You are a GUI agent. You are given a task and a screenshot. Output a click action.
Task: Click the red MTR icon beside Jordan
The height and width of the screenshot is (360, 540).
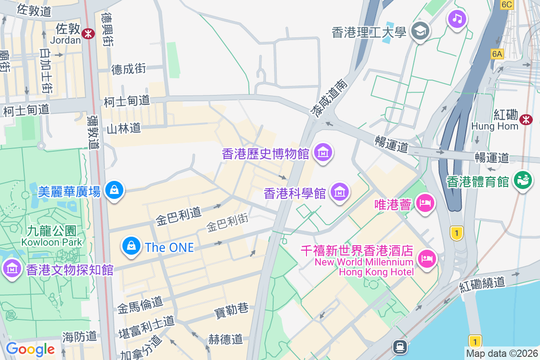pyautogui.click(x=88, y=33)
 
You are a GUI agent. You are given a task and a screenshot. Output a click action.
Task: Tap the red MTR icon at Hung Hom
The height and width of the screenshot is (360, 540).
pyautogui.click(x=525, y=119)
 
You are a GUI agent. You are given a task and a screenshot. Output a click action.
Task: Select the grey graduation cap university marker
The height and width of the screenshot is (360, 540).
pyautogui.click(x=421, y=31)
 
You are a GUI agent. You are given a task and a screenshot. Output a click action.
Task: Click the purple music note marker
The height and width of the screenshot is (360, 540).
pyautogui.click(x=457, y=18)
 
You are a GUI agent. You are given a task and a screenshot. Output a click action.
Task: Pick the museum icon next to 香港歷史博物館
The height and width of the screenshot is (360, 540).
pyautogui.click(x=323, y=153)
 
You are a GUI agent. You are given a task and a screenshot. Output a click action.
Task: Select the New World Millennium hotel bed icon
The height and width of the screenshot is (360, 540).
pyautogui.click(x=426, y=259)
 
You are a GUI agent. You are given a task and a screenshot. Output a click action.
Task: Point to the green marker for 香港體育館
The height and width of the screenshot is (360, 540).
pyautogui.click(x=522, y=181)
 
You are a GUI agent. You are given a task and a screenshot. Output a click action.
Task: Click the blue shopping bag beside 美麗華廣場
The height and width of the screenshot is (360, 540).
pyautogui.click(x=114, y=191)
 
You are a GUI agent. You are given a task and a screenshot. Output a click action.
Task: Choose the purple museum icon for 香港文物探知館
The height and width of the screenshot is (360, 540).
pyautogui.click(x=12, y=269)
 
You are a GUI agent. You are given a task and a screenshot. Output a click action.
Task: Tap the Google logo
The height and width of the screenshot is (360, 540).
pyautogui.click(x=30, y=349)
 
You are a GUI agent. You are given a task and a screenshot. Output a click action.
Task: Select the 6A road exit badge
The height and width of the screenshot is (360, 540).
pyautogui.click(x=497, y=54)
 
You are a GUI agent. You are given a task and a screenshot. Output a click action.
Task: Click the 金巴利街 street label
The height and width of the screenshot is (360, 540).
pyautogui.click(x=227, y=223)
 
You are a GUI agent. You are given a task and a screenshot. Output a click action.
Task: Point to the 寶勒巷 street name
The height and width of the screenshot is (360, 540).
pyautogui.click(x=231, y=310)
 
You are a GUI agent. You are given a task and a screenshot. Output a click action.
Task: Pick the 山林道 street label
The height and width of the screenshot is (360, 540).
pyautogui.click(x=124, y=129)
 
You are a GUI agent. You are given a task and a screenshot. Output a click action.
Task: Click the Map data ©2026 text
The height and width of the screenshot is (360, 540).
pyautogui.click(x=502, y=354)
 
